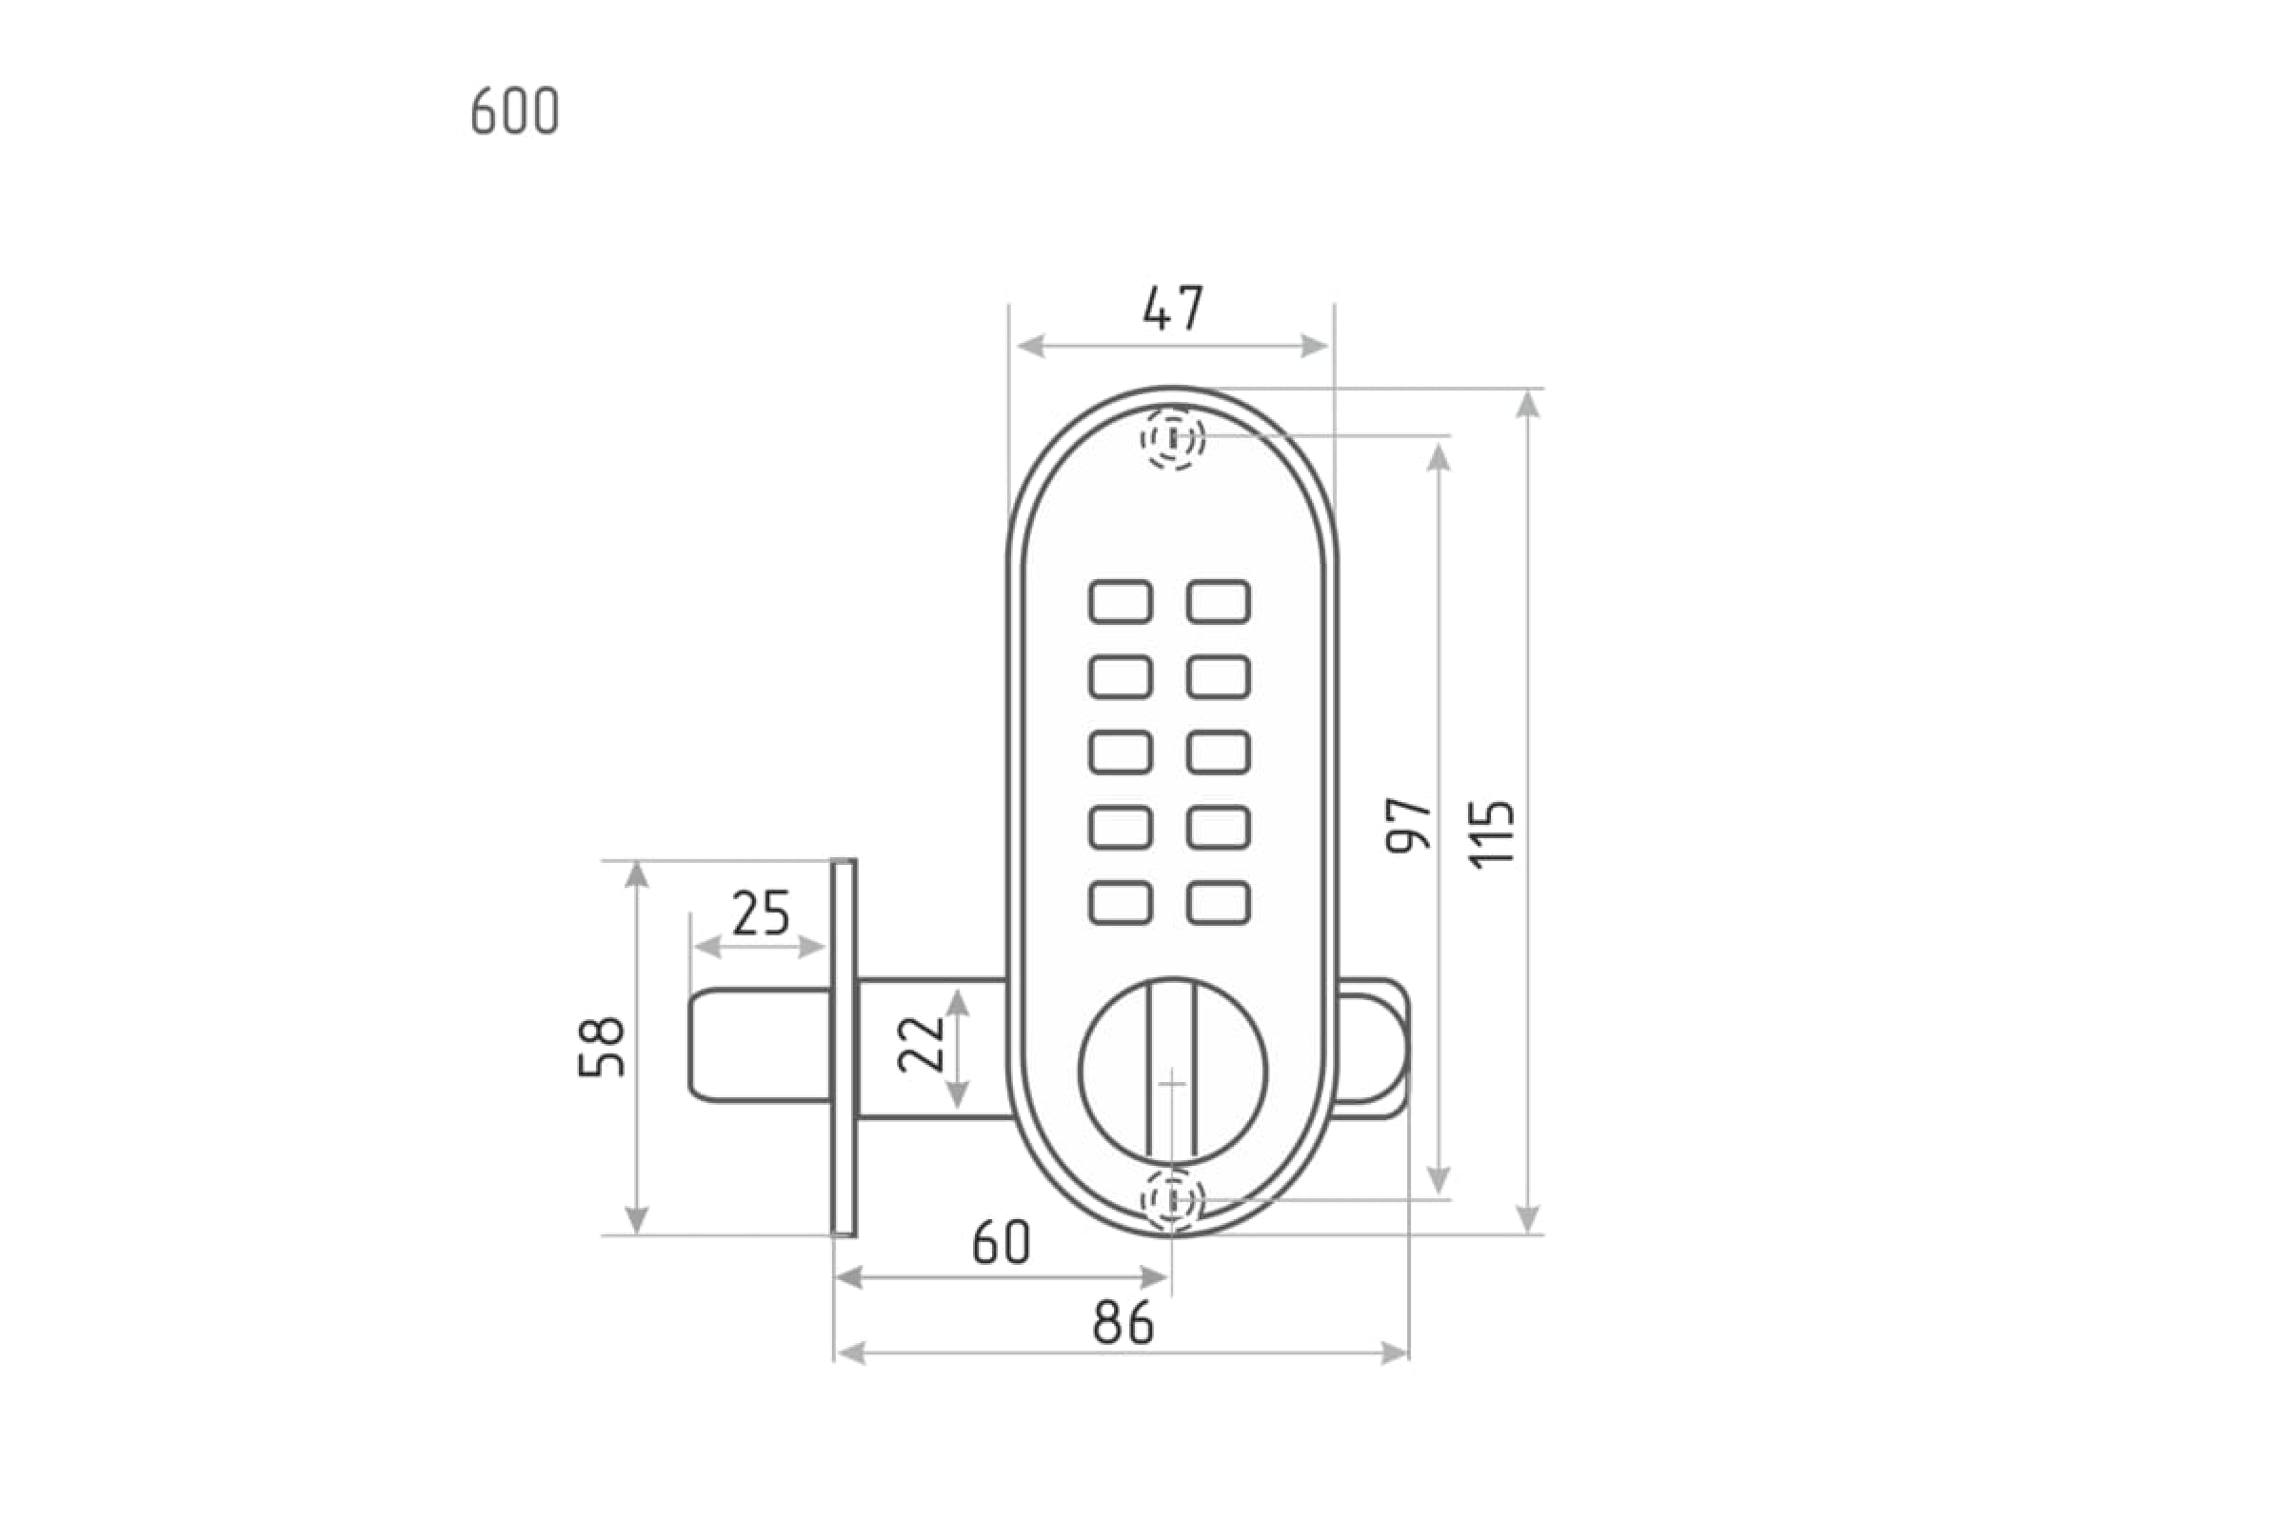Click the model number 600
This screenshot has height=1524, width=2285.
pos(515,110)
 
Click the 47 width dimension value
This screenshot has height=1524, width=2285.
pos(1173,308)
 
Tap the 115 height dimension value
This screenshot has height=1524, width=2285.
pos(1492,834)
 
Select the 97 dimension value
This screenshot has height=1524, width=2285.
pos(1409,825)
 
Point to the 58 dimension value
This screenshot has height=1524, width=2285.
pos(602,1047)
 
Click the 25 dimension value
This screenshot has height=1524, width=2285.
pos(761,912)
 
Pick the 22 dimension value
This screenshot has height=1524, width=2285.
pos(921,1045)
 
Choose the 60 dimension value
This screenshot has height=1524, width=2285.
pos(1002,1242)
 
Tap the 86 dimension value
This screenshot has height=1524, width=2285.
pos(1123,1323)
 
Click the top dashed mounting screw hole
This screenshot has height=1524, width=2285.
pos(1173,438)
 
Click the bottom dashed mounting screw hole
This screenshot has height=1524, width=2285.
pos(1173,1200)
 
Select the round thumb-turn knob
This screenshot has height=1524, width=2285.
pos(1173,1073)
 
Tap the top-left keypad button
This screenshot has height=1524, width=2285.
pos(1122,602)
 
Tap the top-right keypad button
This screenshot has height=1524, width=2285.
pos(1219,602)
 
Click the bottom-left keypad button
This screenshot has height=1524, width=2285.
pos(1122,903)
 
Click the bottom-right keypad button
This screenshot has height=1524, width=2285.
pos(1219,903)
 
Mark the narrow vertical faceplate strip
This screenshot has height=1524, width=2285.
pos(844,1048)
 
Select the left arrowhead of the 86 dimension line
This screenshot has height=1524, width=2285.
pos(849,1353)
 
